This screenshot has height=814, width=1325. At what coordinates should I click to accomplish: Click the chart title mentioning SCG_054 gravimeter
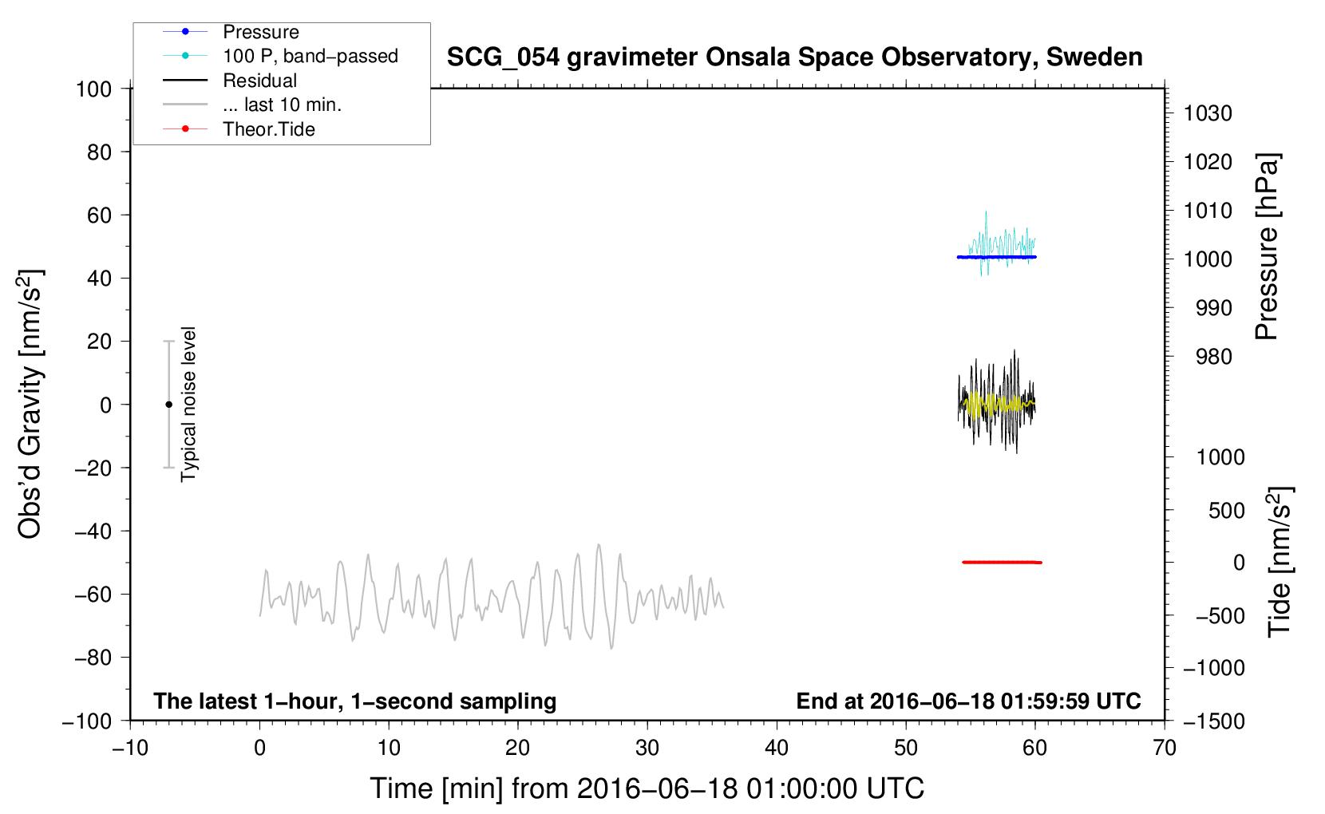(794, 57)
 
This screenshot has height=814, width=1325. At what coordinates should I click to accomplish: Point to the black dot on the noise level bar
(168, 405)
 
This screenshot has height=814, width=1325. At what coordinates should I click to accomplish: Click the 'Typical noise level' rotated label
(188, 405)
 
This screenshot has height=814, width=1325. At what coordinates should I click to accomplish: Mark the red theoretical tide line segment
(1002, 562)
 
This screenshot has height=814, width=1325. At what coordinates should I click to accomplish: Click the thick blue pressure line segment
(997, 257)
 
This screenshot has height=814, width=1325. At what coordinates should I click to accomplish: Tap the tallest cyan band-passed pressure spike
(986, 211)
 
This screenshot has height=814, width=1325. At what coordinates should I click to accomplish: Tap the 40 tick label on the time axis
(776, 748)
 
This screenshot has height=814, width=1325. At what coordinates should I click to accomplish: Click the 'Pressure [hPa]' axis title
(1267, 247)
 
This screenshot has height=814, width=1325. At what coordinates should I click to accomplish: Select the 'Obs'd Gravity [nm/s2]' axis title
(30, 405)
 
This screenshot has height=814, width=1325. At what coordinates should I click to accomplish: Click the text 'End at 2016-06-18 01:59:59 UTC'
(968, 701)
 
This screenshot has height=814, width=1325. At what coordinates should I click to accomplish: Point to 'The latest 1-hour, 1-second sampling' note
(355, 701)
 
